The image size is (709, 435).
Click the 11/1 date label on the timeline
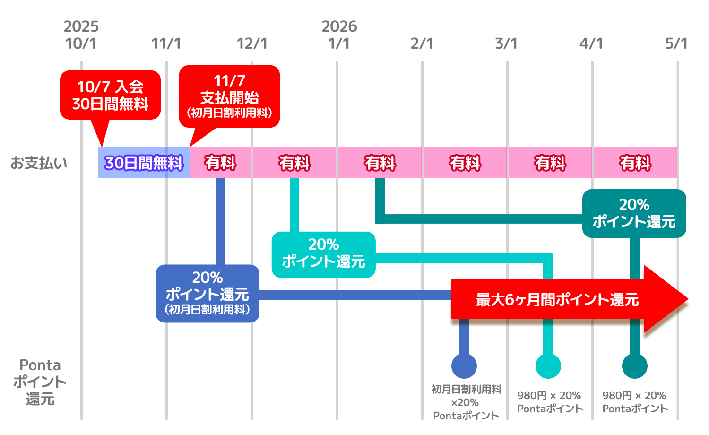tap(166, 43)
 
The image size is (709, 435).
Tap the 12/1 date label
tap(252, 43)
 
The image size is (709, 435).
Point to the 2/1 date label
tap(422, 43)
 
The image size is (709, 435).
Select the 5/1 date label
tap(676, 43)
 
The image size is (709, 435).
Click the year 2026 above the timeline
tap(339, 26)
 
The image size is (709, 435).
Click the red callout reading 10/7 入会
tap(110, 95)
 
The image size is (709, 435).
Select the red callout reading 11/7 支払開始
tap(229, 97)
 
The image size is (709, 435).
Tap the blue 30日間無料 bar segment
tap(144, 163)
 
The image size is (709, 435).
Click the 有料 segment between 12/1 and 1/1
tap(294, 163)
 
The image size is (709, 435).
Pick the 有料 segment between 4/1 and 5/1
tap(635, 163)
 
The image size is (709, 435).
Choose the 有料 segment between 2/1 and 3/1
tap(465, 163)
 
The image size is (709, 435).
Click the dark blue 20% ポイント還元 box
tap(207, 293)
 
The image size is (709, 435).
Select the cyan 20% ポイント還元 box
tap(323, 254)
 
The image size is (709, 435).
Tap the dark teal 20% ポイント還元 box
tap(634, 213)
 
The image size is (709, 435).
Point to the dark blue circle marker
tap(464, 365)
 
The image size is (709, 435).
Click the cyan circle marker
tap(548, 365)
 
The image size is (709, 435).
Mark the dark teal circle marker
tap(634, 365)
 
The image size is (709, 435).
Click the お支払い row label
tap(39, 163)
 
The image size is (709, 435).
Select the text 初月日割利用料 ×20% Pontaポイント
tap(466, 402)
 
